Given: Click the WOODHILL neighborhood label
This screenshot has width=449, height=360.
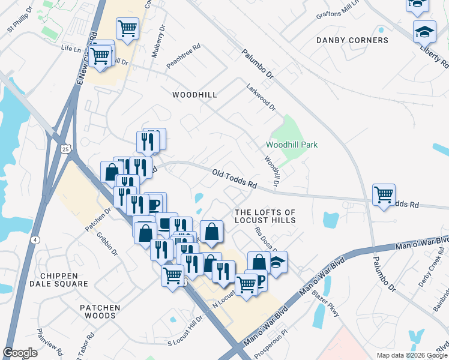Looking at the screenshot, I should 194,95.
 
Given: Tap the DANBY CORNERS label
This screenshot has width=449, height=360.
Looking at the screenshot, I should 352,40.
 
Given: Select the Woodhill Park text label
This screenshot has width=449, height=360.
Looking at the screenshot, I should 292,145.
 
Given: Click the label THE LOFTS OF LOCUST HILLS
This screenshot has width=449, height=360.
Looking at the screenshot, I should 265,217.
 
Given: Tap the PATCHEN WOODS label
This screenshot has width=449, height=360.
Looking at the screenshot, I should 100,311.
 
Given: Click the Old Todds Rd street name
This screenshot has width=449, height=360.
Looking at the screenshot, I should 235,179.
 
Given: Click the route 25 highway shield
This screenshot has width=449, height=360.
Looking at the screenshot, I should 65,148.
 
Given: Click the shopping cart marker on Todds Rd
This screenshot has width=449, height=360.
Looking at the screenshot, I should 384,194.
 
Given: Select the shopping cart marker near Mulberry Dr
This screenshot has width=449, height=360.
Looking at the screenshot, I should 127,28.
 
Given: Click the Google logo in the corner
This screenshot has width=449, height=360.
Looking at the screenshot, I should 20,353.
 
